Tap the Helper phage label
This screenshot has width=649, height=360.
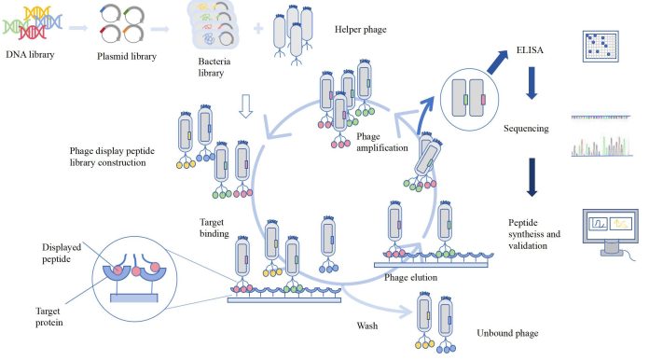click(359, 30)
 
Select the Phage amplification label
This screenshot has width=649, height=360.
click(382, 142)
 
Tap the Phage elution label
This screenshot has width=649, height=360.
click(411, 277)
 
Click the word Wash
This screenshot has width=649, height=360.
click(366, 325)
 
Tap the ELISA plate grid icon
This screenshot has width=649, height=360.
click(601, 46)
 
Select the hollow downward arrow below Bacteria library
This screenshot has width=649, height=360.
click(246, 109)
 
